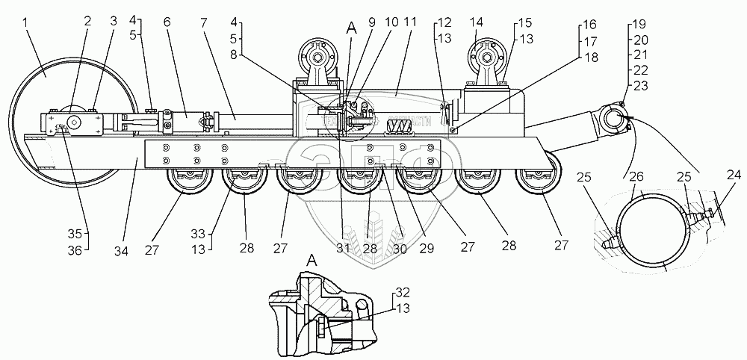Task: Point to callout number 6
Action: pyautogui.click(x=167, y=23)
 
